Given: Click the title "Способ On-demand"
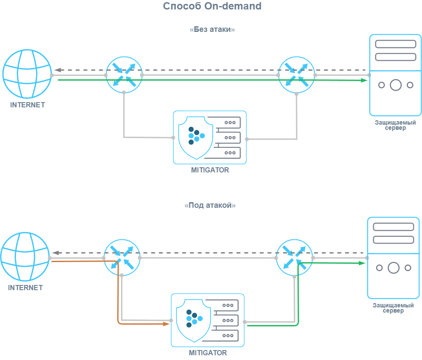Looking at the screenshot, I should [212, 6].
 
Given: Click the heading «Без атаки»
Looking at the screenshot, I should [212, 30].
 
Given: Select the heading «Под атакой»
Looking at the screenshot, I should [210, 206].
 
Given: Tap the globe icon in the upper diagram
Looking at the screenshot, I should [27, 74].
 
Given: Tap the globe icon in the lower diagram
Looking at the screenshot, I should [25, 257].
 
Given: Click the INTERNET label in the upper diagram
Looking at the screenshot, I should [27, 105].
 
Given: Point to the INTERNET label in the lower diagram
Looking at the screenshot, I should [25, 288].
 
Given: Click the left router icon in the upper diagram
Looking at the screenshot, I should [124, 74].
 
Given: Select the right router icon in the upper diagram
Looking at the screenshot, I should [297, 74].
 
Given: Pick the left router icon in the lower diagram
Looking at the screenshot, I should [122, 257].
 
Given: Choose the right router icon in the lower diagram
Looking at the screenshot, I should [294, 257].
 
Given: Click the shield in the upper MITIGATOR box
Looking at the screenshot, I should [195, 137].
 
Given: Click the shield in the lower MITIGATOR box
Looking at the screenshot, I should [193, 319].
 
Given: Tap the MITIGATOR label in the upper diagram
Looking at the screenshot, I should [210, 170].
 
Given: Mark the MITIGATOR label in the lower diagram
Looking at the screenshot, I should [208, 353].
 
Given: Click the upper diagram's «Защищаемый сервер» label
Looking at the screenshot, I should [395, 125].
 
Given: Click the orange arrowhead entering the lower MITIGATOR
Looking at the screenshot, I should [167, 324].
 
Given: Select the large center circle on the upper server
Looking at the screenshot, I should [395, 85].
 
